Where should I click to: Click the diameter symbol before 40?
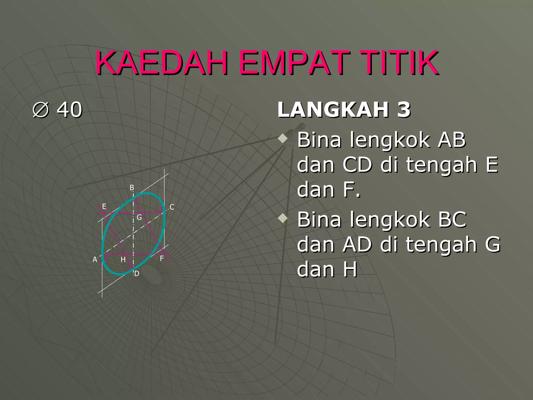(x=41, y=110)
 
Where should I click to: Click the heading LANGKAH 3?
(x=344, y=110)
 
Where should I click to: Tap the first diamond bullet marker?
(x=282, y=138)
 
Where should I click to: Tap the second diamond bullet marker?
(x=282, y=218)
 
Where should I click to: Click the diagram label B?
(x=132, y=187)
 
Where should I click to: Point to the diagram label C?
(x=172, y=207)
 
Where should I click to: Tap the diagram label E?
(x=104, y=207)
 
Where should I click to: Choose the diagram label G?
(x=139, y=217)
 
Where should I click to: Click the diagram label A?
(x=95, y=259)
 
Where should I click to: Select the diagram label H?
(x=123, y=259)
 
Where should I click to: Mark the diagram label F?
(x=162, y=258)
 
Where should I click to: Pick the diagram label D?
(x=137, y=273)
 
